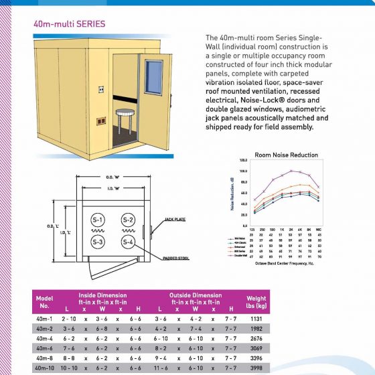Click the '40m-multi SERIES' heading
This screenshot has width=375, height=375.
[x=69, y=23]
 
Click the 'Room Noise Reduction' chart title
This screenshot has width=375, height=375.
[x=286, y=155]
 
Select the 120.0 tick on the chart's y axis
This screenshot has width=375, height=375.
[x=244, y=161]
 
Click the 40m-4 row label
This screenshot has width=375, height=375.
[x=45, y=340]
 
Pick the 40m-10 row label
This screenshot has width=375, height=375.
[x=45, y=368]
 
